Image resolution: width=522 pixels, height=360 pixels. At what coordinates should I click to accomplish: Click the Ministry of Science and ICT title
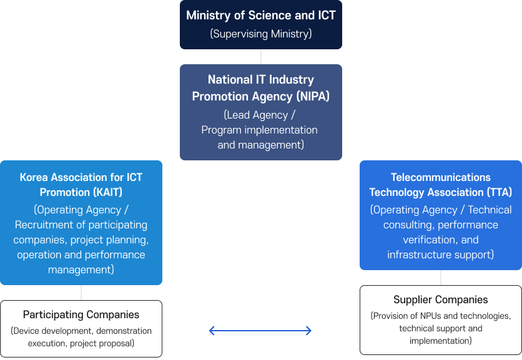(260, 16)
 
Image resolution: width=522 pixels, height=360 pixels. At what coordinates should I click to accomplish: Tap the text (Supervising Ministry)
(260, 34)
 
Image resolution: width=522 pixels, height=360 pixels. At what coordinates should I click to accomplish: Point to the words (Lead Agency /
(260, 115)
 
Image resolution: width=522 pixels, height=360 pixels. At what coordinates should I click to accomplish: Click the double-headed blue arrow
(260, 331)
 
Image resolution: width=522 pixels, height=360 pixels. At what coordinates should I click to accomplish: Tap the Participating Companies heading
(81, 315)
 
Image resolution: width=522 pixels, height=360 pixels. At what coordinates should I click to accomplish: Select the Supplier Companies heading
(441, 300)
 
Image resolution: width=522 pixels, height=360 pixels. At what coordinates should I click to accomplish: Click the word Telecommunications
(441, 177)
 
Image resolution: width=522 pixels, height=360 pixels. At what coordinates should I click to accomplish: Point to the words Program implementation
(259, 130)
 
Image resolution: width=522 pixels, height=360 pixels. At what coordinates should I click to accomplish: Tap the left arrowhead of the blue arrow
(212, 331)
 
